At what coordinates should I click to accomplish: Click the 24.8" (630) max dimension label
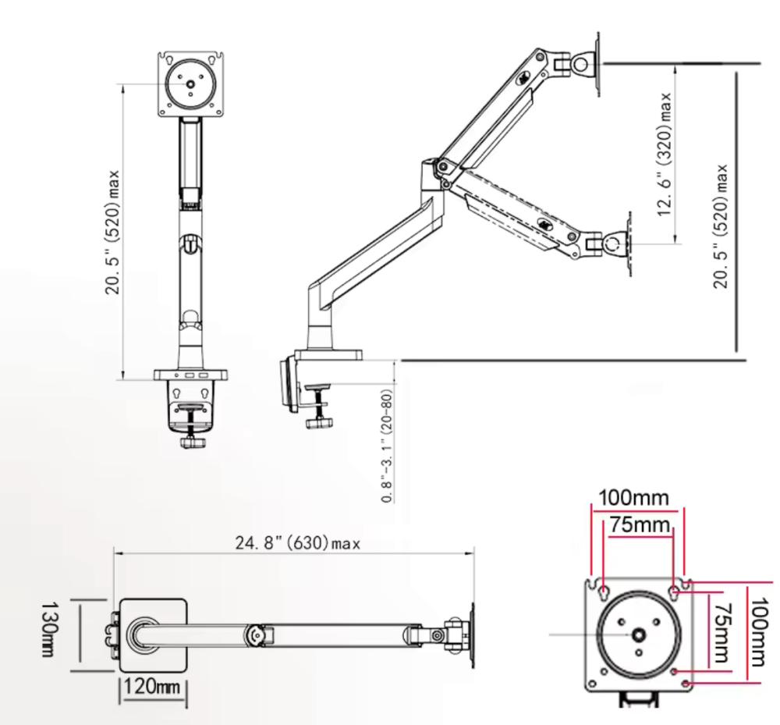click(x=297, y=543)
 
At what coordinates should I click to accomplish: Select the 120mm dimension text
click(x=152, y=687)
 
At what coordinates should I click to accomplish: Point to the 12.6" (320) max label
click(x=665, y=155)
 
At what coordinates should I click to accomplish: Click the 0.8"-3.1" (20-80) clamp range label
click(x=388, y=446)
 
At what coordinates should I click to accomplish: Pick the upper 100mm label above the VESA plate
click(x=633, y=498)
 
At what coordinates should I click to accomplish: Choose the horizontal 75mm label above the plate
click(x=640, y=524)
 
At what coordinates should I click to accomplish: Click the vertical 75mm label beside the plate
click(x=721, y=634)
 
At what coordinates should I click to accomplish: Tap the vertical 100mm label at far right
click(x=758, y=632)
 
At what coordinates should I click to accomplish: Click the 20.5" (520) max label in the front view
click(x=112, y=232)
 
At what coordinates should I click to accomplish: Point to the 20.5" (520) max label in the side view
click(x=721, y=226)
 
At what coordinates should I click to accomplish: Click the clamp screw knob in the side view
click(x=318, y=422)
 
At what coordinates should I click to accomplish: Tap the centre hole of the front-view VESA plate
click(x=191, y=84)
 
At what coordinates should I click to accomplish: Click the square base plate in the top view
click(x=153, y=635)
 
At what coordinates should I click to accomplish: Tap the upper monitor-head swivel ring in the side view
click(x=581, y=64)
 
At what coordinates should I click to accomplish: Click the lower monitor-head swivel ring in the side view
click(x=612, y=243)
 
